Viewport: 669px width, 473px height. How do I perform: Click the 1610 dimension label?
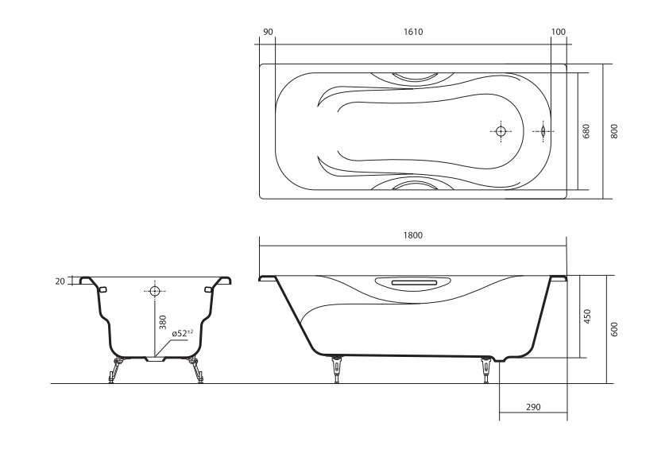(x=412, y=32)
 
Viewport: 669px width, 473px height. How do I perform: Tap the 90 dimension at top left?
(x=268, y=32)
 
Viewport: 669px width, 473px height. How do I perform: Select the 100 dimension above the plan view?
(x=558, y=32)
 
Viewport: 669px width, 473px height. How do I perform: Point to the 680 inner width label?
(x=586, y=131)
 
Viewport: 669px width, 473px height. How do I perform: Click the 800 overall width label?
(x=614, y=131)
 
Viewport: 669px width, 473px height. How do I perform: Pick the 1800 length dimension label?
(x=412, y=235)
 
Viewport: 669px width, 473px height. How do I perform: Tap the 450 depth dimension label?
(x=587, y=316)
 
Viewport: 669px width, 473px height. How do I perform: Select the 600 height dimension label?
(x=614, y=329)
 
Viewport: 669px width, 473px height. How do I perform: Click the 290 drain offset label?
(x=533, y=407)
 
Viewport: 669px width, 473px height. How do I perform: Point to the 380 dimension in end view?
(x=162, y=323)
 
